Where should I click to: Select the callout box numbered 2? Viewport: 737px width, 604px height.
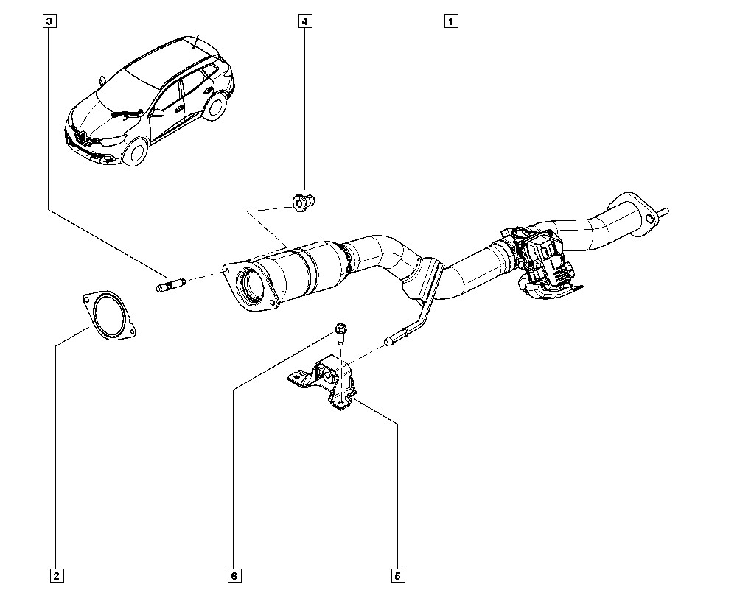55,575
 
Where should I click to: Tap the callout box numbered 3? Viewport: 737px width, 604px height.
49,21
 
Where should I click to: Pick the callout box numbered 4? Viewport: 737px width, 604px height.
304,21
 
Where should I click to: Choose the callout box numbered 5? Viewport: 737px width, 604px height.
397,575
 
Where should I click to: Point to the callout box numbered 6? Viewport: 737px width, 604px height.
234,575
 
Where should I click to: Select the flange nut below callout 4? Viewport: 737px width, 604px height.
300,200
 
